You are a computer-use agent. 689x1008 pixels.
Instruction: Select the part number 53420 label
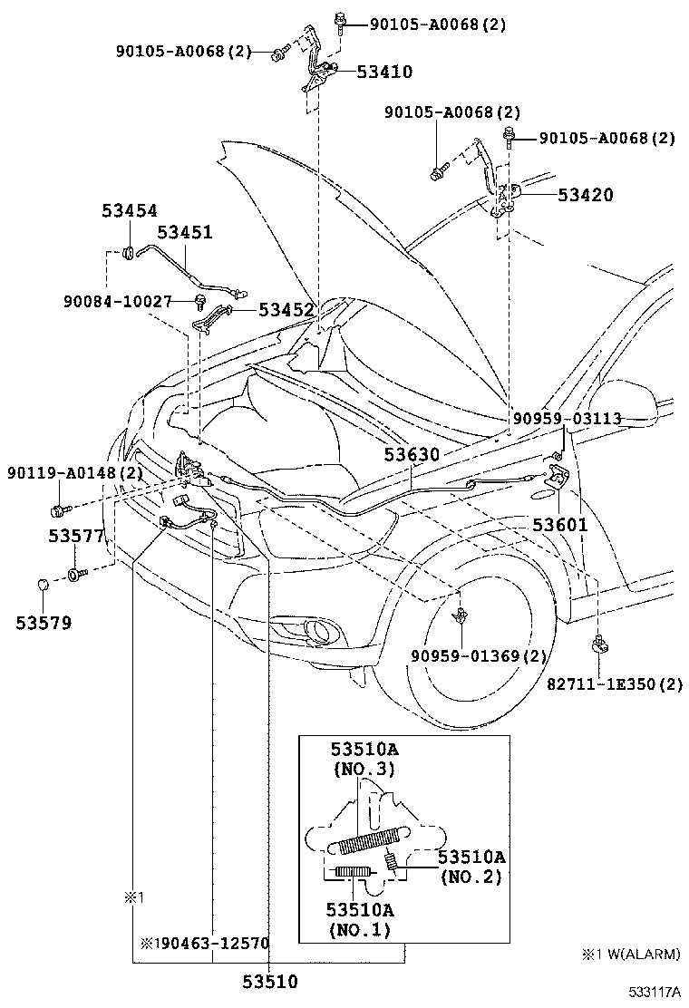tap(585, 195)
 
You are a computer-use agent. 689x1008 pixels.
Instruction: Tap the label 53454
tap(129, 211)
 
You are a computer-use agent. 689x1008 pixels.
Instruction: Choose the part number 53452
tap(286, 310)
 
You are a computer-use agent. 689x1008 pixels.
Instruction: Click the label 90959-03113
tap(567, 418)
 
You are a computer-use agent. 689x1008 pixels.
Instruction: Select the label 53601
tap(559, 525)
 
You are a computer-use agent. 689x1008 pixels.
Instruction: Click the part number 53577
tap(77, 537)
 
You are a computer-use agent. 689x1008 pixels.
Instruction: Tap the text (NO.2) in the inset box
tap(471, 877)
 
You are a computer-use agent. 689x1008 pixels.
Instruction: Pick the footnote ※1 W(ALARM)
tap(631, 955)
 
